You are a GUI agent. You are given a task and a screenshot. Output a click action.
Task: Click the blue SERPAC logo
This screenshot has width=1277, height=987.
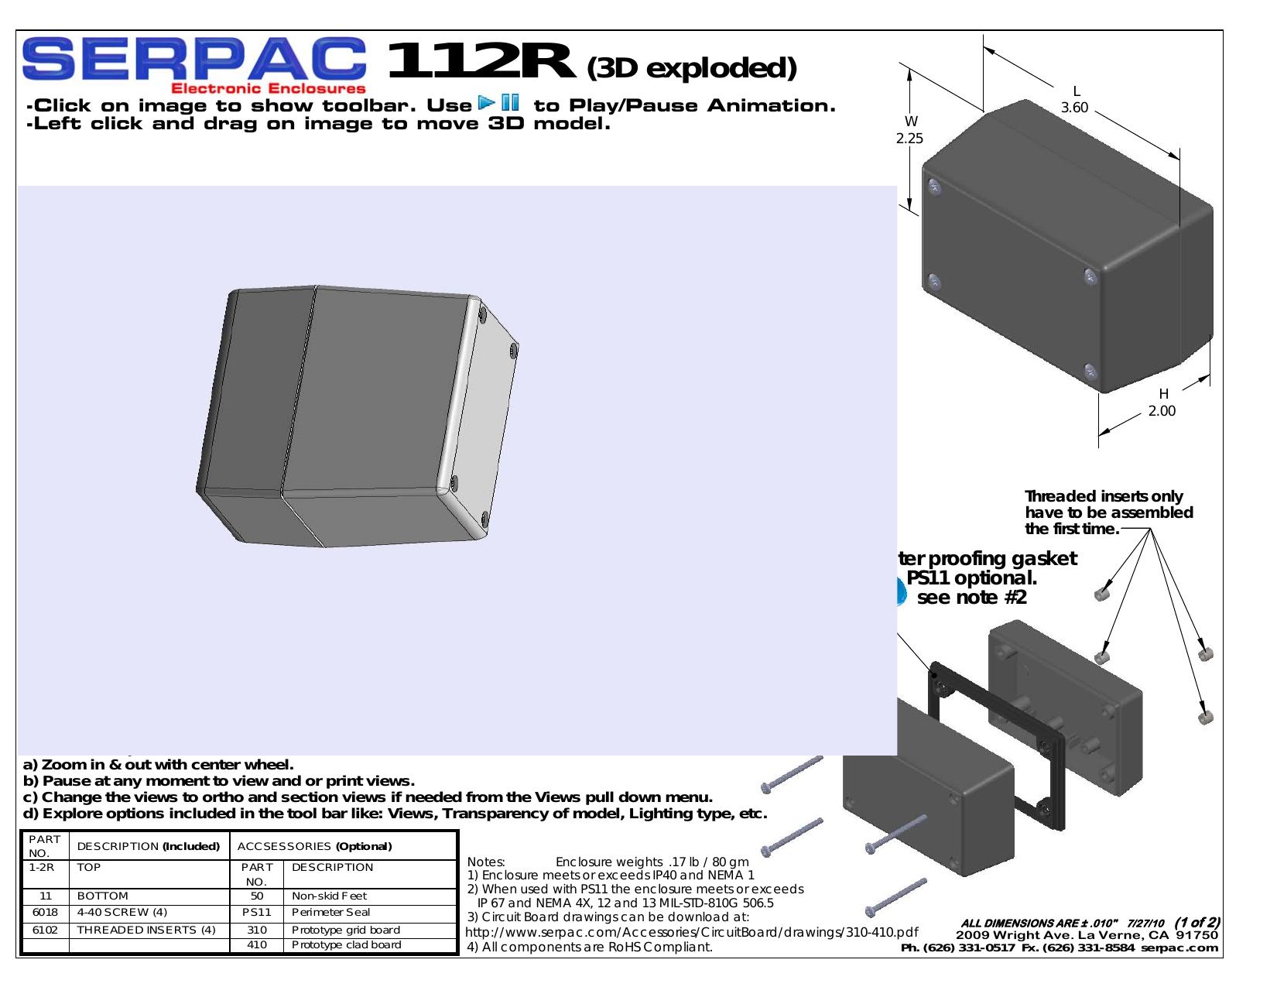(x=194, y=59)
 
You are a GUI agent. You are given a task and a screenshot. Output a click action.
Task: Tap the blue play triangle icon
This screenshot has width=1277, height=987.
(x=487, y=102)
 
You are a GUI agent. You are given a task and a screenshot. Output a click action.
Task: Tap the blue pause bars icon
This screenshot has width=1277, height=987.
(x=510, y=102)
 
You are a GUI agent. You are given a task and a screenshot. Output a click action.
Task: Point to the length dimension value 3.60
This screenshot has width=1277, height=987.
(x=1074, y=108)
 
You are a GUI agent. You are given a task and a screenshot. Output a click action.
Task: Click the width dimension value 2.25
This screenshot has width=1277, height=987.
(x=909, y=138)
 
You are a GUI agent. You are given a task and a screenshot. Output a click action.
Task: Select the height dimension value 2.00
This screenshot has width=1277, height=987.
(x=1162, y=411)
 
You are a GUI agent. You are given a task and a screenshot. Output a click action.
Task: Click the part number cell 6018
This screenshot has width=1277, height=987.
(x=45, y=913)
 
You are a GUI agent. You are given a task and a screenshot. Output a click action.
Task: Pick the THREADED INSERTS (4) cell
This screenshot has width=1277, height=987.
(x=146, y=930)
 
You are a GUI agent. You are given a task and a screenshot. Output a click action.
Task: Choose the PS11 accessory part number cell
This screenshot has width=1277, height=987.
(x=257, y=913)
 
